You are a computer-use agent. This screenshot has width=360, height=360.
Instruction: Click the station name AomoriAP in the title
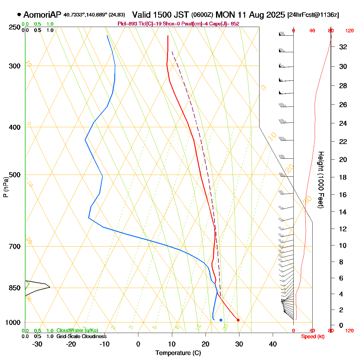pyautogui.click(x=42, y=15)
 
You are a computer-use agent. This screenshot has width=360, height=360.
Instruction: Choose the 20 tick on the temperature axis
pyautogui.click(x=205, y=344)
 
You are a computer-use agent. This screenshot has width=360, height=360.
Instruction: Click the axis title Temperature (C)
pyautogui.click(x=178, y=353)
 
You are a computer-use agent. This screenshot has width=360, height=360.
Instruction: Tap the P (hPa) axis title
pyautogui.click(x=6, y=187)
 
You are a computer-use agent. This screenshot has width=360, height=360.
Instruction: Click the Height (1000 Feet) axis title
pyautogui.click(x=321, y=180)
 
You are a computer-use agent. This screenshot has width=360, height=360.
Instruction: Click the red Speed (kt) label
pyautogui.click(x=313, y=337)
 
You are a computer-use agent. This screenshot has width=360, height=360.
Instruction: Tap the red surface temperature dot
pyautogui.click(x=238, y=320)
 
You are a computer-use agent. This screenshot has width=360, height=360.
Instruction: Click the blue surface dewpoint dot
pyautogui.click(x=221, y=320)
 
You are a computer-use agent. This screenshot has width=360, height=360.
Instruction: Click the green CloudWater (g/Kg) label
pyautogui.click(x=77, y=331)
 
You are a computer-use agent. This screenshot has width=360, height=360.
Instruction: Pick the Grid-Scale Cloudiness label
pyautogui.click(x=81, y=337)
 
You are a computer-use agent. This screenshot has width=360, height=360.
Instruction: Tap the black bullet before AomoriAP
pyautogui.click(x=19, y=14)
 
